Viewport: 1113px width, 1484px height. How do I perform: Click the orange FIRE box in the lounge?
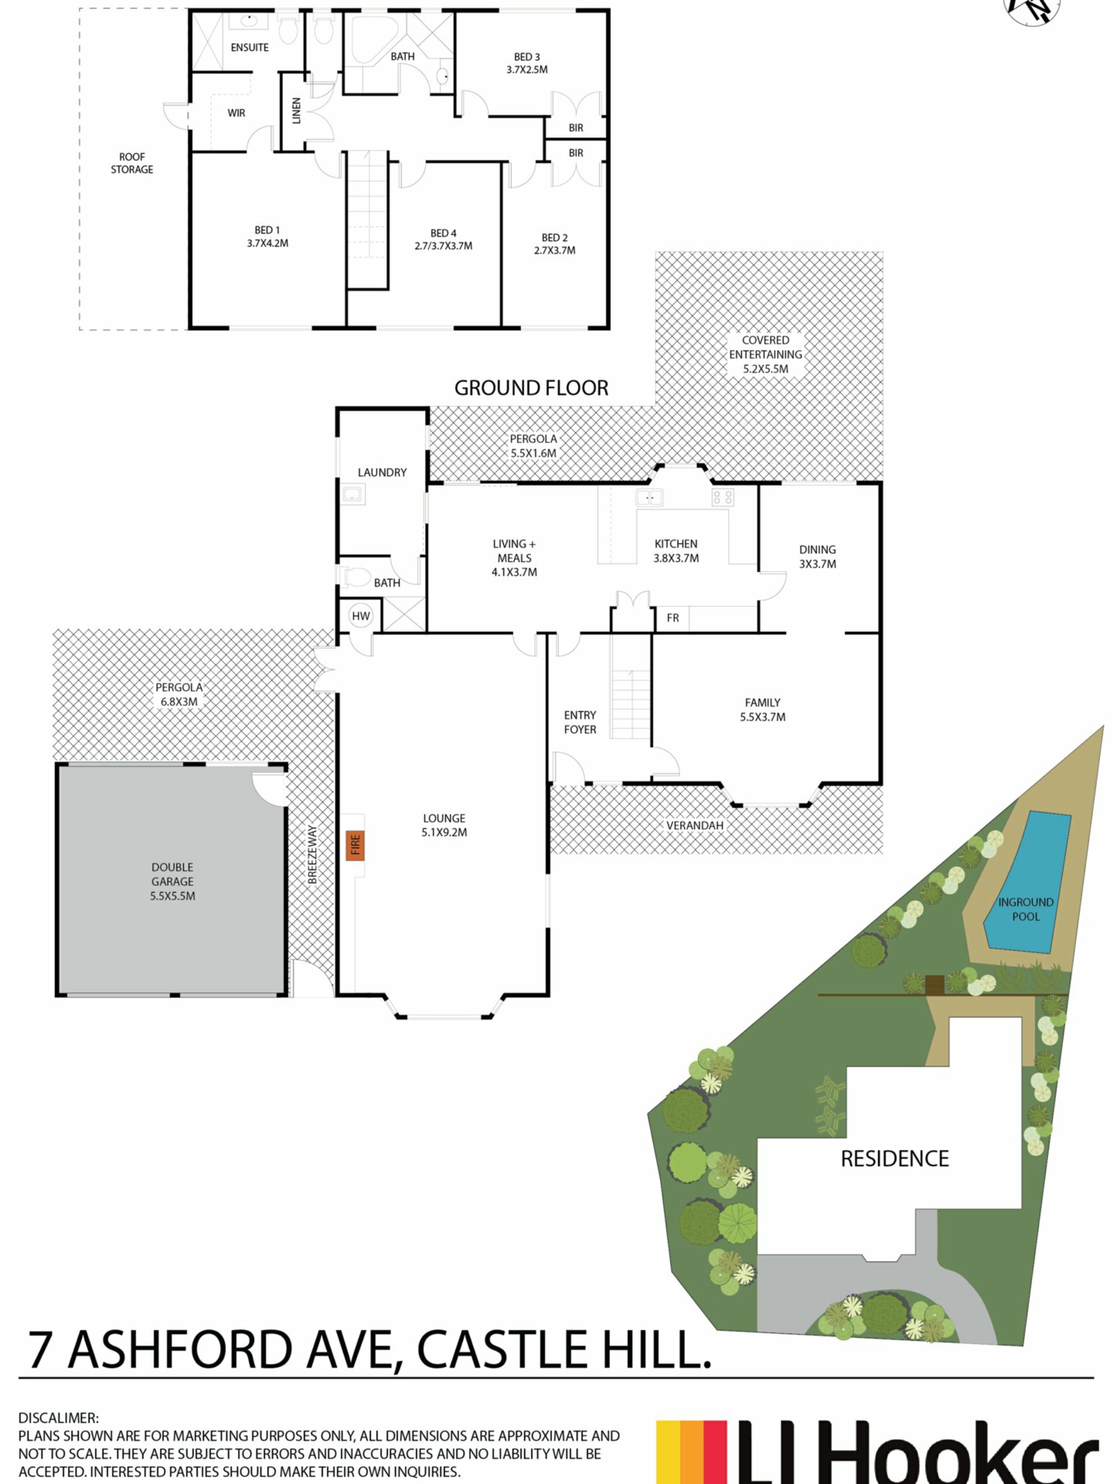(x=355, y=845)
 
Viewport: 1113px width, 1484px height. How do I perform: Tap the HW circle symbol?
(x=361, y=616)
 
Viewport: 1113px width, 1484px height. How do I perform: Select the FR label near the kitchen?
(x=673, y=618)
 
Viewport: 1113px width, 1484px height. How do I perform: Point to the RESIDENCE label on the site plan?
(x=895, y=1159)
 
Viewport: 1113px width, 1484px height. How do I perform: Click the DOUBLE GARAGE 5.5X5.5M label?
(x=172, y=882)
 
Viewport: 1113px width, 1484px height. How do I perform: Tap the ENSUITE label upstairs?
(x=250, y=48)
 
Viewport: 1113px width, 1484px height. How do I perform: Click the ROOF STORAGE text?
(x=132, y=163)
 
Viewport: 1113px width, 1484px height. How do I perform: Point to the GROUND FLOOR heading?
(x=532, y=388)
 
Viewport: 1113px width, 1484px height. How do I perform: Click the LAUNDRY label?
(x=382, y=472)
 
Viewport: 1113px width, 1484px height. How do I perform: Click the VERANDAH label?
(x=695, y=825)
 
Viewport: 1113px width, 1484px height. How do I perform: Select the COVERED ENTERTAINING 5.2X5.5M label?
(x=766, y=354)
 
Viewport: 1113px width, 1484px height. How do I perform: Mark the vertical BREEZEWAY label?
(x=312, y=854)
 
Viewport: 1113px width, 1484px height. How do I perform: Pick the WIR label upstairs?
(x=236, y=112)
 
